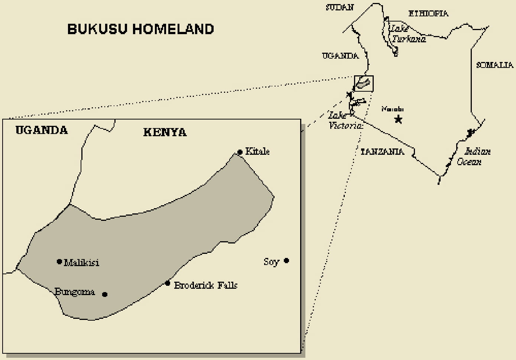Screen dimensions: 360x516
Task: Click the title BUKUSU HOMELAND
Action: [140, 29]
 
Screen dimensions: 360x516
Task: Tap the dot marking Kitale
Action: [240, 152]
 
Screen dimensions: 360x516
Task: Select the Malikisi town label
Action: [81, 263]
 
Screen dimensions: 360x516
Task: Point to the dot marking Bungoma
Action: [105, 294]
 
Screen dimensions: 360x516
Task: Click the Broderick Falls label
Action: [205, 285]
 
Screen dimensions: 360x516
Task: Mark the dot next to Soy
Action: [286, 261]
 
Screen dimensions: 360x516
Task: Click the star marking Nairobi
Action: [398, 119]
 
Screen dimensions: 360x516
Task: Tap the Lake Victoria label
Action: [345, 121]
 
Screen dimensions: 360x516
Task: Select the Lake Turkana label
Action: [408, 34]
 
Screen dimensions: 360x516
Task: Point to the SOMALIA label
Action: [494, 65]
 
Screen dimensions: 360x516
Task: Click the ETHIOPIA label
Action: [428, 14]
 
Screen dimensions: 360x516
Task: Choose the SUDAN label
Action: [340, 7]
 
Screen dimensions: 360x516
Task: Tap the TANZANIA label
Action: [382, 151]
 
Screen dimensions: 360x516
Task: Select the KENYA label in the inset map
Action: [165, 132]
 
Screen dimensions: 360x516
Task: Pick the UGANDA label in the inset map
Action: [42, 130]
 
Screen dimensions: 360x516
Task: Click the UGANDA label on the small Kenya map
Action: [340, 56]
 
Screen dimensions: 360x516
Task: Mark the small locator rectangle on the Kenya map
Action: [364, 83]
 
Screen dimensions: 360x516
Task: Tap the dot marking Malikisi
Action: [59, 262]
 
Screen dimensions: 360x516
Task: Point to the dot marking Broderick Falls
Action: [168, 284]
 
